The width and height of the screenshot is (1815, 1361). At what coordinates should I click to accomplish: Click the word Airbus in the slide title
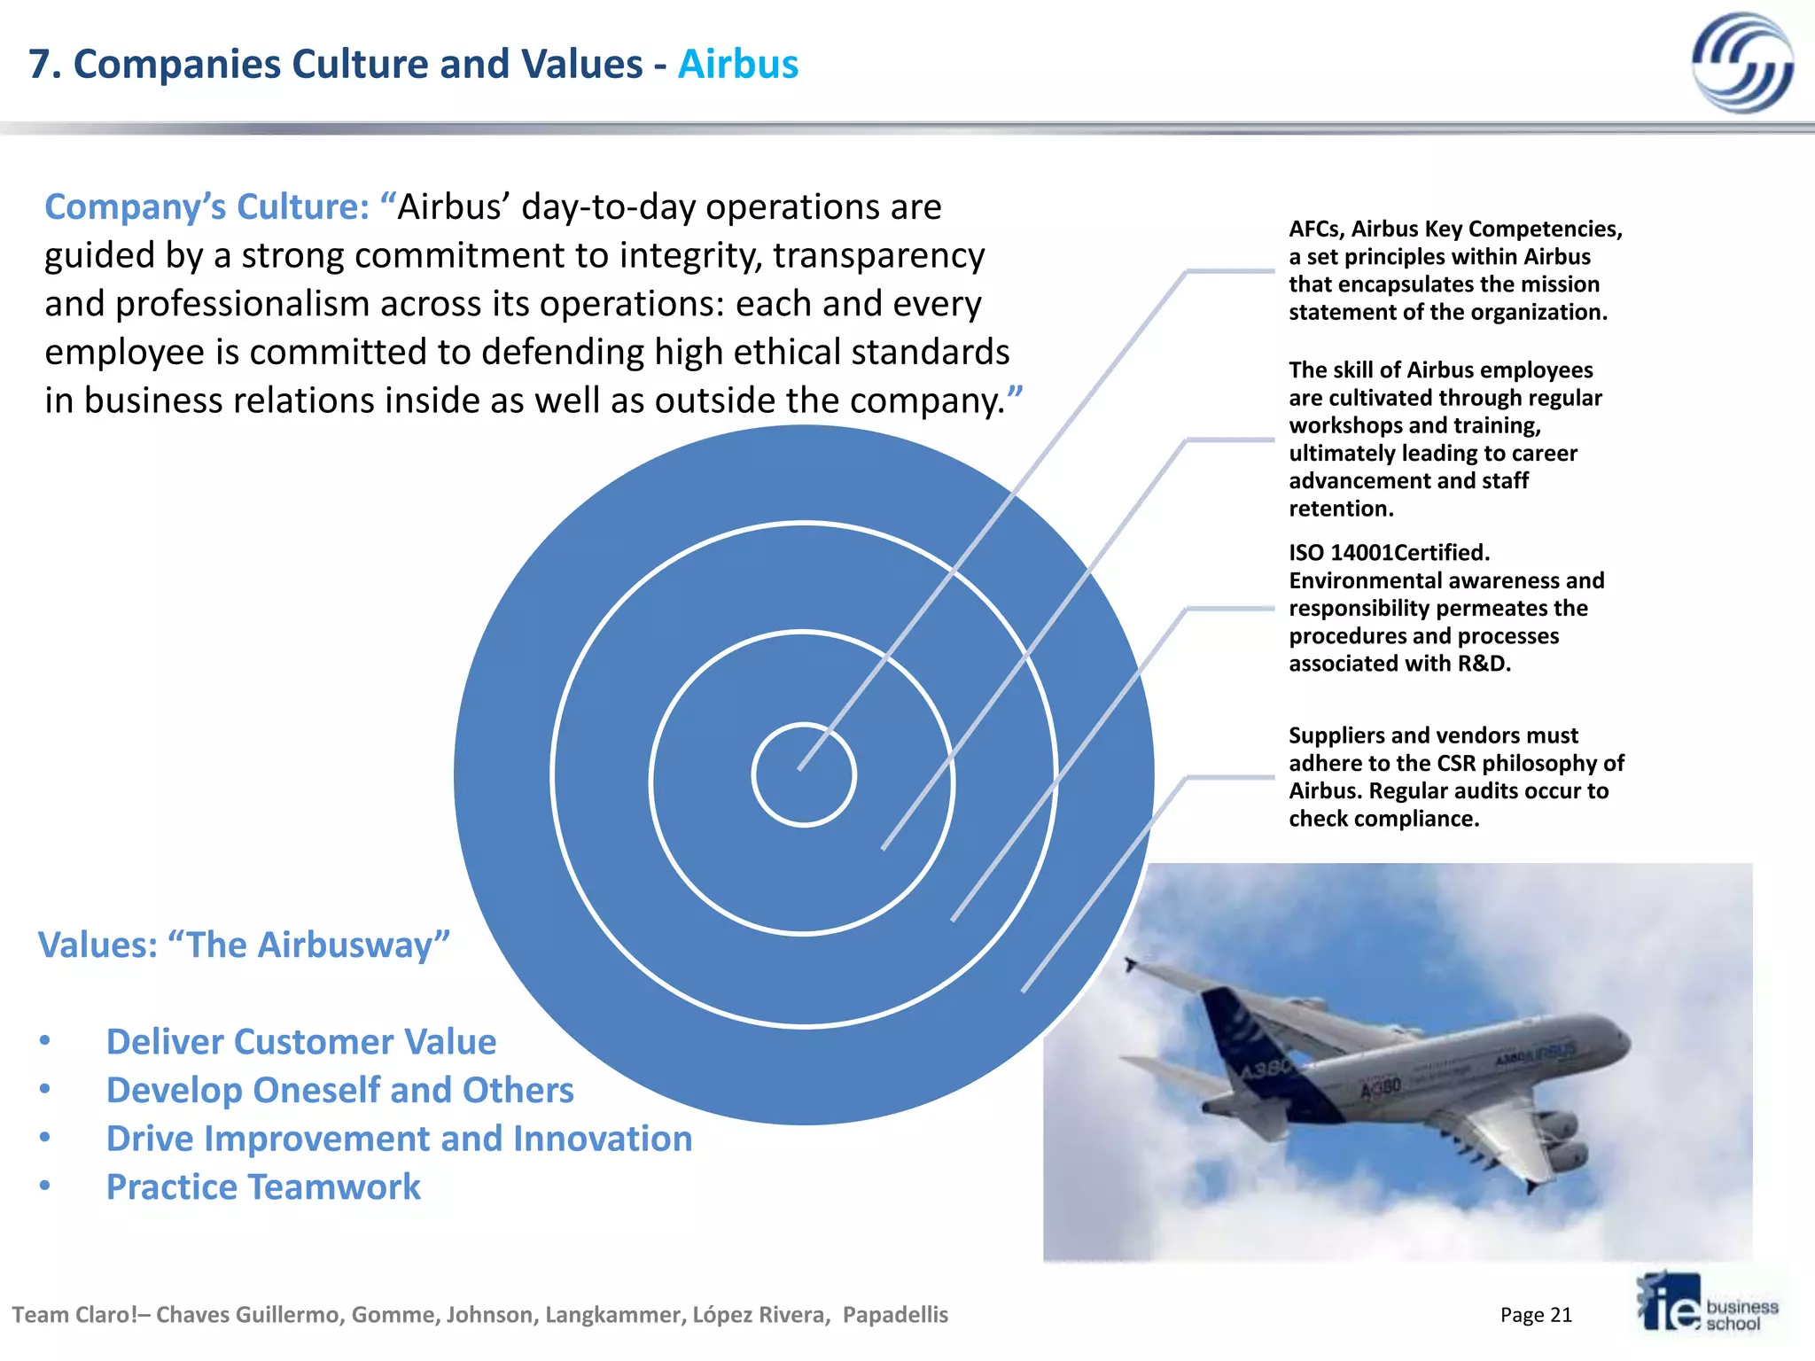coord(737,65)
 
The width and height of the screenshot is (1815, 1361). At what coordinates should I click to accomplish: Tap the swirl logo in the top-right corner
coord(1741,62)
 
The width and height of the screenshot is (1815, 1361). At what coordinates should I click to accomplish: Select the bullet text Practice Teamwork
coord(263,1187)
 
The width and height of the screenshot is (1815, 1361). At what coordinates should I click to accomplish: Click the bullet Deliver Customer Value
coord(301,1042)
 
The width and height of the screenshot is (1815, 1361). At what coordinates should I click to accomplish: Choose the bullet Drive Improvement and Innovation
coord(399,1139)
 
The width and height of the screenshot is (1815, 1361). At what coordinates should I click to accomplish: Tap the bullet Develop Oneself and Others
coord(339,1091)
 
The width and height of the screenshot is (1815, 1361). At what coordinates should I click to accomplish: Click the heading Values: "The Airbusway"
coord(244,945)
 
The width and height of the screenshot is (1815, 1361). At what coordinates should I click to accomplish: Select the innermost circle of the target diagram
coord(803,775)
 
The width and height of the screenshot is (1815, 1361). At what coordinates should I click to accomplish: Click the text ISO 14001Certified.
coord(1389,553)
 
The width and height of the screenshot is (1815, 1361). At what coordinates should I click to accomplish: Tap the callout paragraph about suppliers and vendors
coord(1455,777)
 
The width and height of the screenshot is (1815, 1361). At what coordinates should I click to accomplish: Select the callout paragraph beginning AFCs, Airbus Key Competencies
coord(1455,270)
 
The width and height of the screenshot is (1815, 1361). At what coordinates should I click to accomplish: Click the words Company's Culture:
coord(206,207)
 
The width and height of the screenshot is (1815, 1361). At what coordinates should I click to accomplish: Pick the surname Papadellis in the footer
coord(895,1315)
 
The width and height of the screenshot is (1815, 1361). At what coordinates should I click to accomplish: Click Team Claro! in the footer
coord(74,1315)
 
